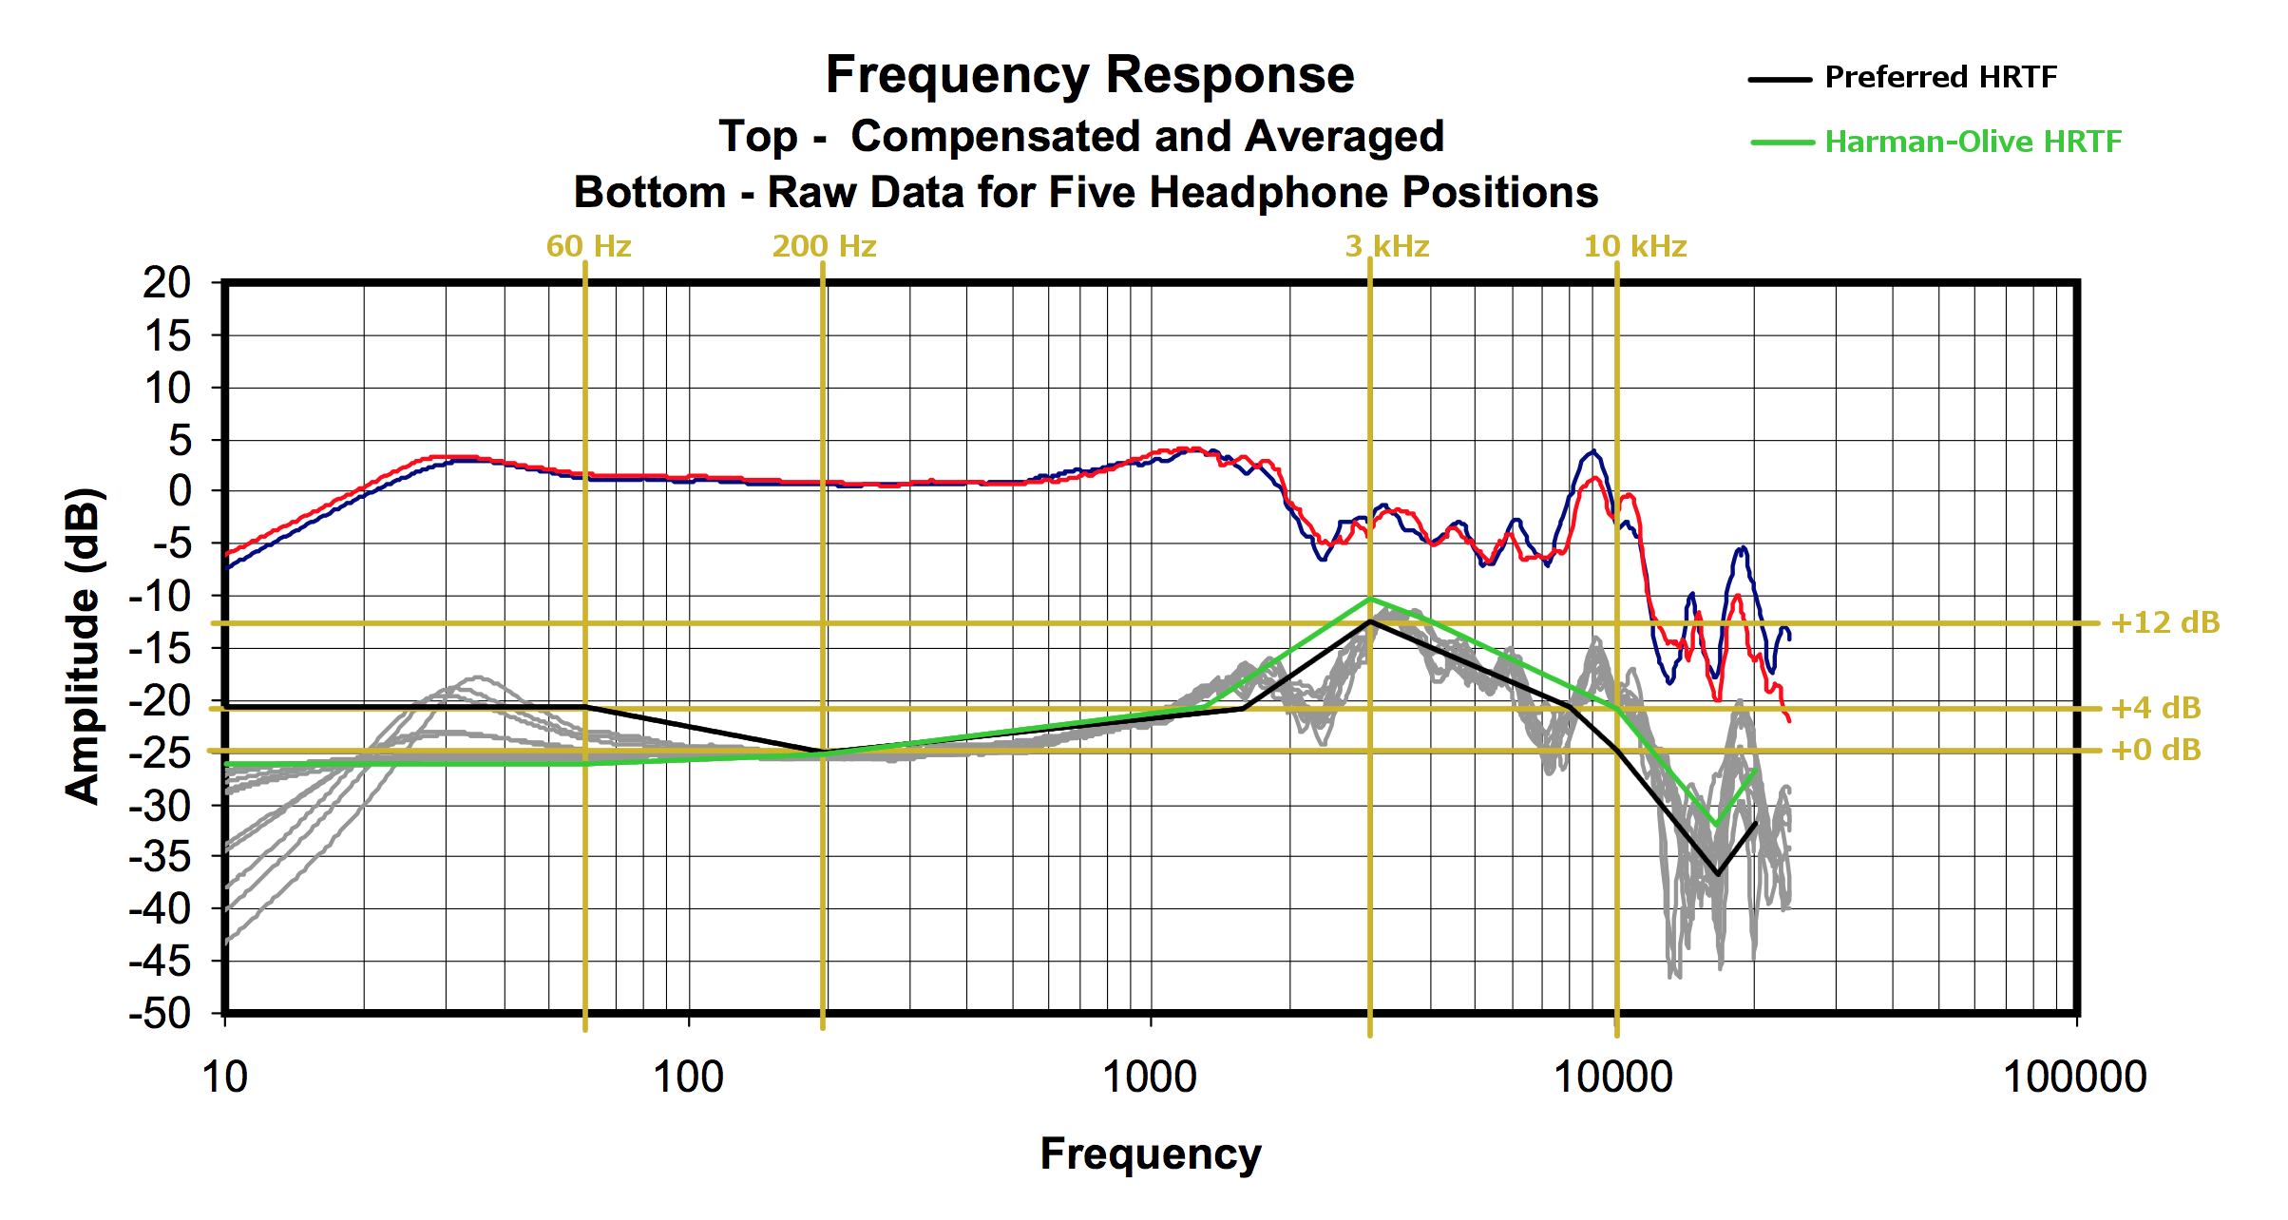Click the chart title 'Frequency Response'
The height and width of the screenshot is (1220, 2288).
click(1090, 75)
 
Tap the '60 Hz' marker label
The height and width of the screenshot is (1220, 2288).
click(588, 247)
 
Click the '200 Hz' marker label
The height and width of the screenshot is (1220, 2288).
click(824, 247)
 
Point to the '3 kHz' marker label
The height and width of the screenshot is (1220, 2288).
click(1387, 247)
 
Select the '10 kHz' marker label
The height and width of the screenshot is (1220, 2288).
click(1634, 247)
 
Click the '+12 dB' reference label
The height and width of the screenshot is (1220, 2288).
click(2164, 623)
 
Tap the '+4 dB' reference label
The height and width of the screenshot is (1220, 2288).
click(2155, 708)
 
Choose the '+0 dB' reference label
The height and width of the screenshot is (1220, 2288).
click(2155, 751)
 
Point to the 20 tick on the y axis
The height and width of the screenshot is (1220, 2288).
click(167, 283)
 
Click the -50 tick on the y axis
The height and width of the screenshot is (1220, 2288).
click(161, 1014)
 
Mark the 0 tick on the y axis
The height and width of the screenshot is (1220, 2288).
click(180, 491)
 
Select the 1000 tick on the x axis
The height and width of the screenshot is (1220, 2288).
click(1150, 1077)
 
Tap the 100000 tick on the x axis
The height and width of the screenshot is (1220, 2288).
click(2075, 1077)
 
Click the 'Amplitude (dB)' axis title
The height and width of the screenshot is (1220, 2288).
click(84, 646)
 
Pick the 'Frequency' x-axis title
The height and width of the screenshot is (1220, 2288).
click(1151, 1154)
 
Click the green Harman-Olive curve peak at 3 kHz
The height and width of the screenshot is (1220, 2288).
click(1369, 599)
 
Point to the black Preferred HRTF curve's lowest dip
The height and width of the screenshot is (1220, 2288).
click(1716, 874)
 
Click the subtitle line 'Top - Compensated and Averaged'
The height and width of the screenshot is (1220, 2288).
click(1081, 137)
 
